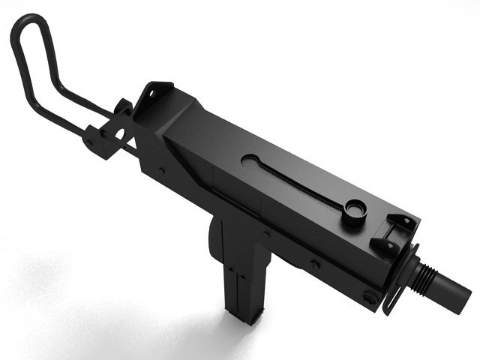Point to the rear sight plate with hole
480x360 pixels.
pyautogui.click(x=156, y=94)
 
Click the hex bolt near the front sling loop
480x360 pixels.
pyautogui.click(x=370, y=298)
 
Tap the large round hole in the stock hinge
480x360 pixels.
pyautogui.click(x=118, y=133)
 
